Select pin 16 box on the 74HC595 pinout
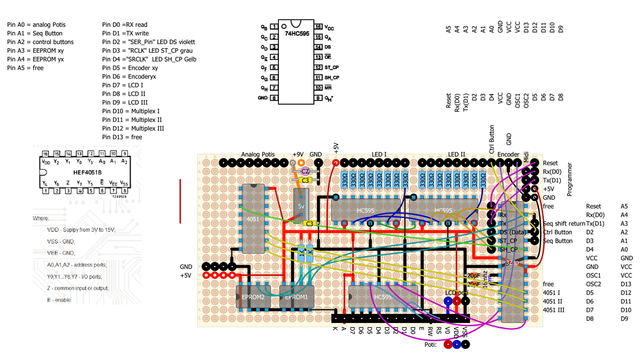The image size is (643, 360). point(319,28)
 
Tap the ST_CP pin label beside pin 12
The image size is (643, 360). point(332,67)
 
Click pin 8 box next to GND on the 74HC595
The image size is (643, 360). point(274,98)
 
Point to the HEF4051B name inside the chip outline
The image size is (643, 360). point(85,172)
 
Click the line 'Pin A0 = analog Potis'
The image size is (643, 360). point(36,25)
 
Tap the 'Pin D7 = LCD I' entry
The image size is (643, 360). point(122,85)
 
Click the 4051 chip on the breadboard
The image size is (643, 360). point(253,219)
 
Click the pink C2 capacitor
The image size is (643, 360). point(305,171)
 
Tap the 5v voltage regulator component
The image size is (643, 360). point(301,206)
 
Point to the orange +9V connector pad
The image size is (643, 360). point(301,163)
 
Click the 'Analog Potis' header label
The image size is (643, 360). point(258,154)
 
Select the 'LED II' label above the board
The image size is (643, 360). point(457,154)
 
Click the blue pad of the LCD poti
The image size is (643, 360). point(447,301)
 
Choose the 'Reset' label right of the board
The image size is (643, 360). point(550,163)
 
